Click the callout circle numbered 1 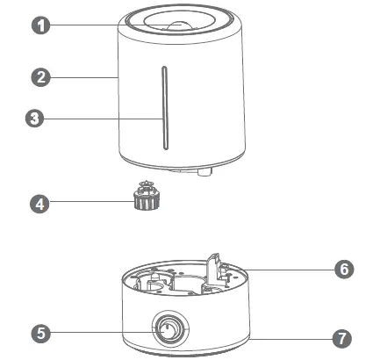pyautogui.click(x=39, y=25)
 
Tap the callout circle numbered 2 pyautogui.click(x=39, y=77)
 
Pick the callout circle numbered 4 pyautogui.click(x=39, y=204)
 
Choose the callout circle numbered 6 pyautogui.click(x=344, y=269)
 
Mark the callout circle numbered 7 pyautogui.click(x=344, y=336)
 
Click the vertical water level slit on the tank pyautogui.click(x=161, y=108)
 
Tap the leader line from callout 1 pyautogui.click(x=88, y=25)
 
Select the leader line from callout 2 pyautogui.click(x=83, y=77)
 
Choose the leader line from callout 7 pyautogui.click(x=290, y=336)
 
